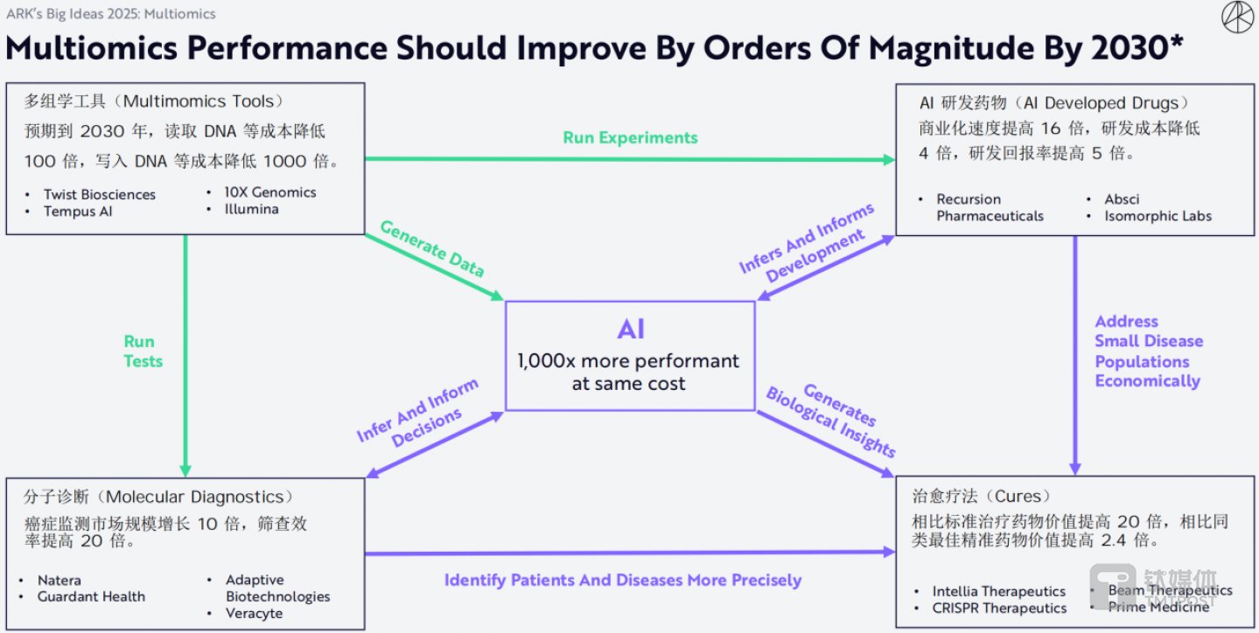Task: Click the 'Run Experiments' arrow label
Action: [x=630, y=137]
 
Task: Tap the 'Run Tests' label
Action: [x=143, y=351]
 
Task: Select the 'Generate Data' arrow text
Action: [x=431, y=247]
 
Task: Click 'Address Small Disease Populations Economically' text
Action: [x=1148, y=351]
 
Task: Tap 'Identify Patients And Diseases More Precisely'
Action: [x=622, y=580]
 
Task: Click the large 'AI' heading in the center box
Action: [x=630, y=330]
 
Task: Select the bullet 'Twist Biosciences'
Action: [x=100, y=194]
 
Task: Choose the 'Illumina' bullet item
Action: [x=251, y=209]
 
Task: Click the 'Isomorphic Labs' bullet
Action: [x=1158, y=216]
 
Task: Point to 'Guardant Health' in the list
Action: [x=91, y=596]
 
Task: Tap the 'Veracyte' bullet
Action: [x=255, y=613]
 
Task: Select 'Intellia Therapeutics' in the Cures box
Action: [x=998, y=591]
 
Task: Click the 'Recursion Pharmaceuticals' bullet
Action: [x=990, y=207]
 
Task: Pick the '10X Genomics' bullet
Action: [x=270, y=192]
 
